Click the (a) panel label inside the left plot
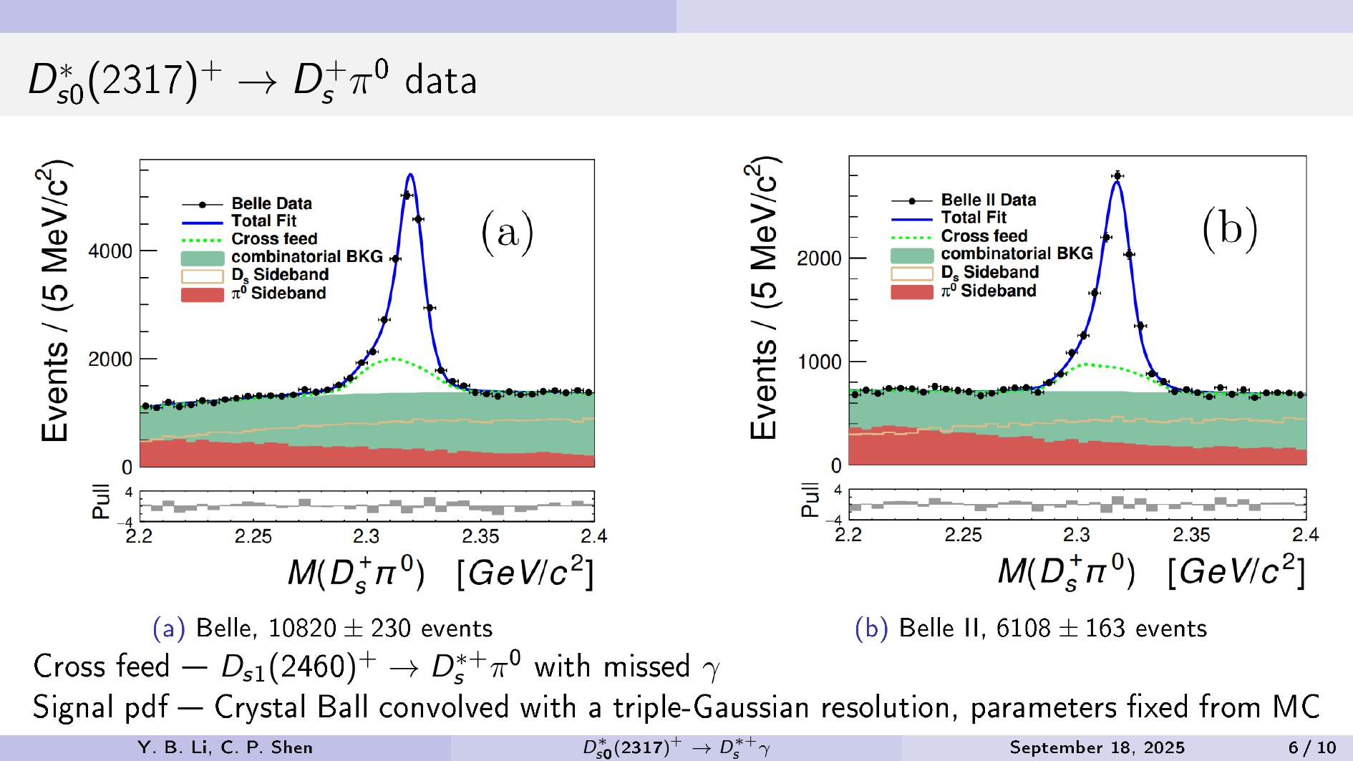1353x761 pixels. [507, 232]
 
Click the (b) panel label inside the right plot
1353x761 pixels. [1229, 228]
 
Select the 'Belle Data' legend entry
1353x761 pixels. [271, 203]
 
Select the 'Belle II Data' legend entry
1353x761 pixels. [988, 200]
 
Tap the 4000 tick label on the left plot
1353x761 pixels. [110, 251]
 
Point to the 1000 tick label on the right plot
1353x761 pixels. [820, 362]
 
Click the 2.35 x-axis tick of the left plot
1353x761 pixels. [480, 536]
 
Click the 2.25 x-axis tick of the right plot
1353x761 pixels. [963, 535]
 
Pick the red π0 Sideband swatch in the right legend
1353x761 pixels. [911, 291]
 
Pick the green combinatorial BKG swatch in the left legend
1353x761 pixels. [203, 258]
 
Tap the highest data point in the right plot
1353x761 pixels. [1117, 175]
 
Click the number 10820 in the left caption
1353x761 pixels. [302, 629]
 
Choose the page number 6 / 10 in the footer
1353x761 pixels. [1311, 748]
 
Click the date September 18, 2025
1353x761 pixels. [1097, 748]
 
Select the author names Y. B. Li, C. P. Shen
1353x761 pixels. [225, 748]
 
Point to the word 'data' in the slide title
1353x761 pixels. [440, 80]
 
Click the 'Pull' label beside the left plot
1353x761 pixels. [101, 501]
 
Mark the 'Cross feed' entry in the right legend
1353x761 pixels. [984, 236]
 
